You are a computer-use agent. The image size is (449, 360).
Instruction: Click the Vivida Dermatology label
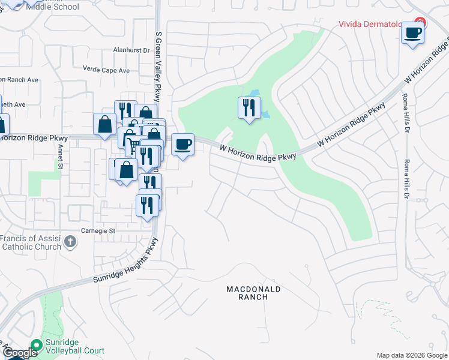[x=375, y=25]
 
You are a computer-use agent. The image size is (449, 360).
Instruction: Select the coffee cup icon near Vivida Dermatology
[x=412, y=33]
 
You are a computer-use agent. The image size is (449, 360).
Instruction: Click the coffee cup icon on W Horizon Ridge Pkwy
[x=183, y=145]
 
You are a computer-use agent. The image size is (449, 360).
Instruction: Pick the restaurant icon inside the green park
[x=249, y=108]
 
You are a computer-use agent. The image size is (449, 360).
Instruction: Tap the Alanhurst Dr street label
[x=131, y=51]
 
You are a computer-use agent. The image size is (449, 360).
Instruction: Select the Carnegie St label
[x=98, y=230]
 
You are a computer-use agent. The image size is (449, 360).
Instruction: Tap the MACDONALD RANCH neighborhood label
[x=253, y=293]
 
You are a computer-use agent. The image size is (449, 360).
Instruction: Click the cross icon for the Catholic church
[x=70, y=242]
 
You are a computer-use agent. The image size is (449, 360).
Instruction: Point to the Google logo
[x=19, y=353]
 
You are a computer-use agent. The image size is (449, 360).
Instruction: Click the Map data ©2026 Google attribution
[x=411, y=355]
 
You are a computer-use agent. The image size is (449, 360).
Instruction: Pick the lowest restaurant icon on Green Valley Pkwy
[x=147, y=205]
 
